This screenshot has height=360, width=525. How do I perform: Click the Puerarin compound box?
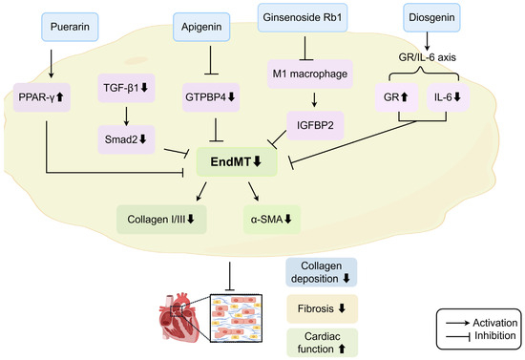70,27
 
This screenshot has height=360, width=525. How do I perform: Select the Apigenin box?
201,27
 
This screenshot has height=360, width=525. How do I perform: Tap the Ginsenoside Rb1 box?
303,17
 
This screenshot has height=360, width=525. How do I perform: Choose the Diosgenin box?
431,17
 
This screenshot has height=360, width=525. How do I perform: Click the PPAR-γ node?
42,97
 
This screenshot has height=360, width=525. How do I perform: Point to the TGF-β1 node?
126,88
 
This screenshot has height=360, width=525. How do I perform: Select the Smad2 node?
126,139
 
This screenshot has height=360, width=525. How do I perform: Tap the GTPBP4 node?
211,97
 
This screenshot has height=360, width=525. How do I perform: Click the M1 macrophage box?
310,74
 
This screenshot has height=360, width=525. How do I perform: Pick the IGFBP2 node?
315,126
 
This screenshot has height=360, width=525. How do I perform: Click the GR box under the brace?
396,97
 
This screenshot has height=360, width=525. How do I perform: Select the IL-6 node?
448,97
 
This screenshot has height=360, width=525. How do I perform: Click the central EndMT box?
237,162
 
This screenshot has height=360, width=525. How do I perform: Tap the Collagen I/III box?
161,220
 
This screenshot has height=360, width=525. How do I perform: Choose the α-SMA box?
272,220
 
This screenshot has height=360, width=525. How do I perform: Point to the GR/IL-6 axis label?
428,57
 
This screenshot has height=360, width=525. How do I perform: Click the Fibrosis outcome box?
322,308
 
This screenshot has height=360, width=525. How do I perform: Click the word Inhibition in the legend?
494,335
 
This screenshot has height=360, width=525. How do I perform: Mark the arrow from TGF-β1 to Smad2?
126,116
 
